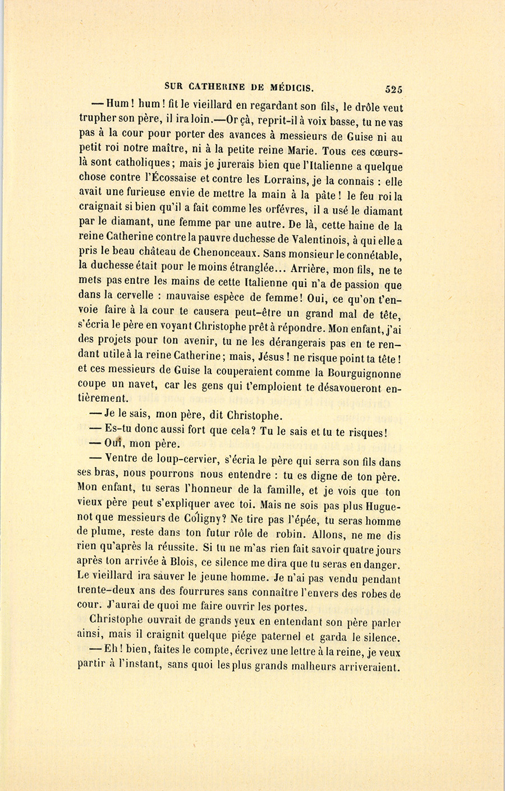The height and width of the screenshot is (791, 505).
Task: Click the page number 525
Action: (394, 89)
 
